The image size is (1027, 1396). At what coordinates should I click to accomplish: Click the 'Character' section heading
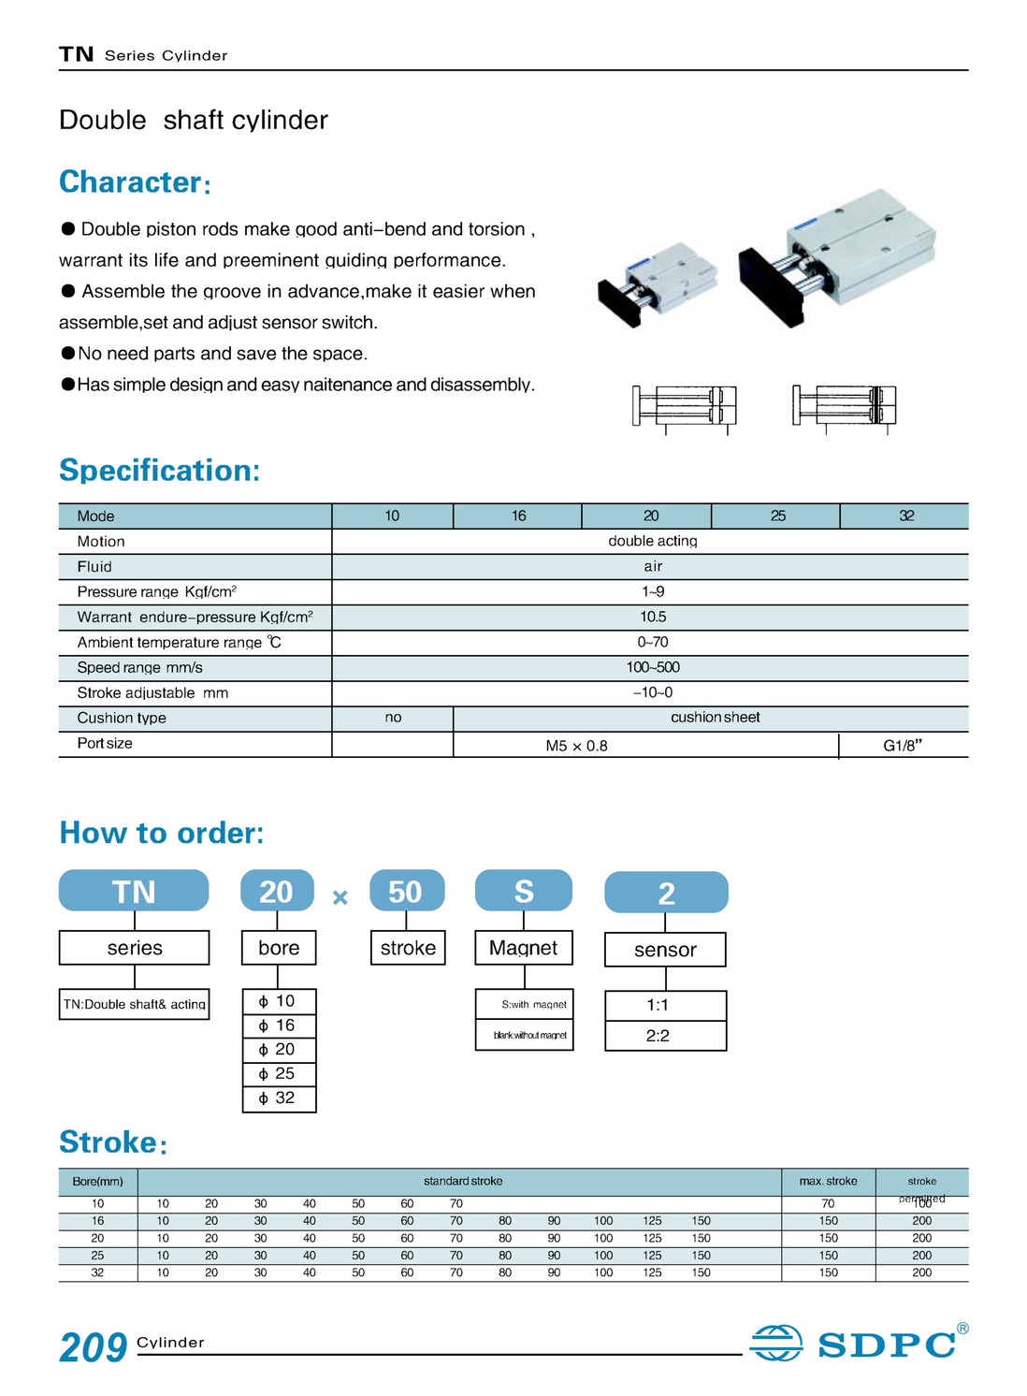pyautogui.click(x=130, y=182)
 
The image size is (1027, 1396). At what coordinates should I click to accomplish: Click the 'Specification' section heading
pyautogui.click(x=159, y=470)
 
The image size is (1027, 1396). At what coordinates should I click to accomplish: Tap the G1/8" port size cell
pyautogui.click(x=903, y=746)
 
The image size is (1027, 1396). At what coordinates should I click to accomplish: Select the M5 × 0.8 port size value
pyautogui.click(x=576, y=746)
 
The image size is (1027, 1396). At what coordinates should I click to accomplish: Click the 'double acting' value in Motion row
pyautogui.click(x=652, y=541)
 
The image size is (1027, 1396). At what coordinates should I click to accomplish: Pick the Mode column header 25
pyautogui.click(x=777, y=516)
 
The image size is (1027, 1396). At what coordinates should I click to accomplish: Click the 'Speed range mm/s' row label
pyautogui.click(x=139, y=667)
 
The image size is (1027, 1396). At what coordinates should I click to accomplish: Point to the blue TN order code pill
pyautogui.click(x=134, y=891)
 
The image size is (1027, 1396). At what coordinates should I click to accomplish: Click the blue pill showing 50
pyautogui.click(x=406, y=891)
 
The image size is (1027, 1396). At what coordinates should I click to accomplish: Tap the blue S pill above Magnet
pyautogui.click(x=524, y=891)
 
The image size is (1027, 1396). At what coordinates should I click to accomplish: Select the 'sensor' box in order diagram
pyautogui.click(x=665, y=950)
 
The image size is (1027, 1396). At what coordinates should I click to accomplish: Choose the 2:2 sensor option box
pyautogui.click(x=665, y=1036)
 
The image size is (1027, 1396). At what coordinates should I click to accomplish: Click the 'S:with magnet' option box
pyautogui.click(x=525, y=1005)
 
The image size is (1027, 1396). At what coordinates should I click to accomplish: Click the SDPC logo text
pyautogui.click(x=886, y=1345)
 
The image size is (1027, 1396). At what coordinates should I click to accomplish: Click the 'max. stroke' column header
pyautogui.click(x=828, y=1181)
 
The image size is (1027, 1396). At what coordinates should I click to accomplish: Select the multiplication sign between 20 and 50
pyautogui.click(x=340, y=897)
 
